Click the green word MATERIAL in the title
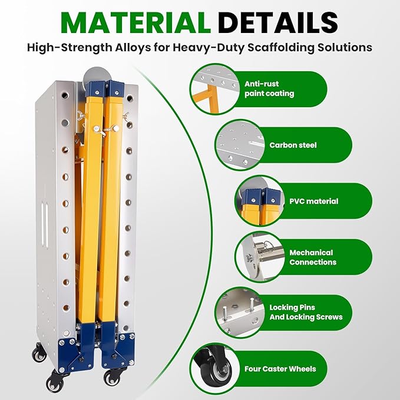[x=135, y=22]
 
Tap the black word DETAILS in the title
[x=278, y=22]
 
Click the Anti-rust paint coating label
[x=269, y=89]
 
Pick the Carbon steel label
[x=293, y=145]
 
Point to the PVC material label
[x=314, y=201]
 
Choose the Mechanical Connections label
[x=313, y=257]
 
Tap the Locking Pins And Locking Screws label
[x=306, y=312]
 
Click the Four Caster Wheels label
[x=280, y=369]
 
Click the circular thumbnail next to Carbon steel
[x=240, y=145]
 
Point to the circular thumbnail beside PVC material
[x=260, y=201]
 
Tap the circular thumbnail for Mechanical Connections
[x=260, y=257]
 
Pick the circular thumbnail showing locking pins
[x=240, y=313]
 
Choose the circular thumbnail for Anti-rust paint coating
[x=216, y=89]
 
